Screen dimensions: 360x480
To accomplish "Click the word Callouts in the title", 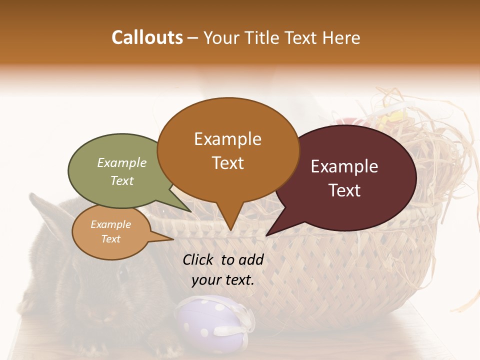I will tap(147, 37).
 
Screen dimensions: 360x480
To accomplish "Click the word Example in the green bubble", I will tap(122, 163).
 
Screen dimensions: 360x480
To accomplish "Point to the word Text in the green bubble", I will tap(122, 180).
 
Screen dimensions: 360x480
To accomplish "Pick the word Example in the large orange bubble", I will tap(227, 139).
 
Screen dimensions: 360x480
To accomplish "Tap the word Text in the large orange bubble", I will tap(227, 163).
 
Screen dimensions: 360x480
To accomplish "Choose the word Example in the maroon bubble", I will tap(344, 166).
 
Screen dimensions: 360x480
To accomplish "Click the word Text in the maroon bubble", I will tap(344, 190).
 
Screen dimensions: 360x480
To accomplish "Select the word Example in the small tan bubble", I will tap(110, 224).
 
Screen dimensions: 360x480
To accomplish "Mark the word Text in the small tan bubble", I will tap(110, 239).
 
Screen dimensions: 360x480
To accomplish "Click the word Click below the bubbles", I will tap(198, 259).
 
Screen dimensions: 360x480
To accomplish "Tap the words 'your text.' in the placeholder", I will tap(223, 280).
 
